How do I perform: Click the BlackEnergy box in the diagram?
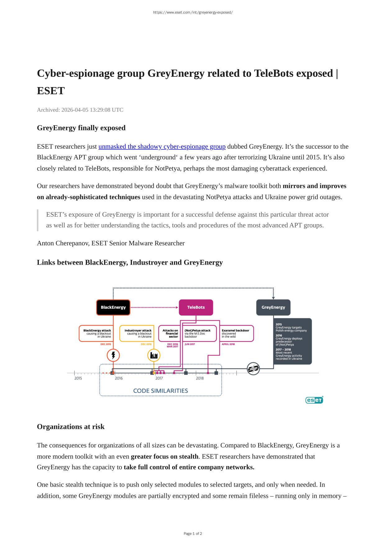113,307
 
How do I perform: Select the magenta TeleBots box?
196,307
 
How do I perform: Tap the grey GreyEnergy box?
273,307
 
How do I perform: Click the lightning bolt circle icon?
113,355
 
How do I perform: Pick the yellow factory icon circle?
154,355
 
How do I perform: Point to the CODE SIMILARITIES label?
160,391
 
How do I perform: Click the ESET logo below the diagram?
314,400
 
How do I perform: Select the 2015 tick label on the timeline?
78,378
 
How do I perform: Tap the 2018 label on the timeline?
200,378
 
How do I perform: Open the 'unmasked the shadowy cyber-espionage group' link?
162,146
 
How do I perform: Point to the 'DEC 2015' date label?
106,344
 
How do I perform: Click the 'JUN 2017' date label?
190,344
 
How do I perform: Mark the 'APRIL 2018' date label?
228,344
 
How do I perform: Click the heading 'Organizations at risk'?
71,427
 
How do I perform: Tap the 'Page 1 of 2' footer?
193,534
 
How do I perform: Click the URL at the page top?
193,12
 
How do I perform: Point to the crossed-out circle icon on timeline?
253,369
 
